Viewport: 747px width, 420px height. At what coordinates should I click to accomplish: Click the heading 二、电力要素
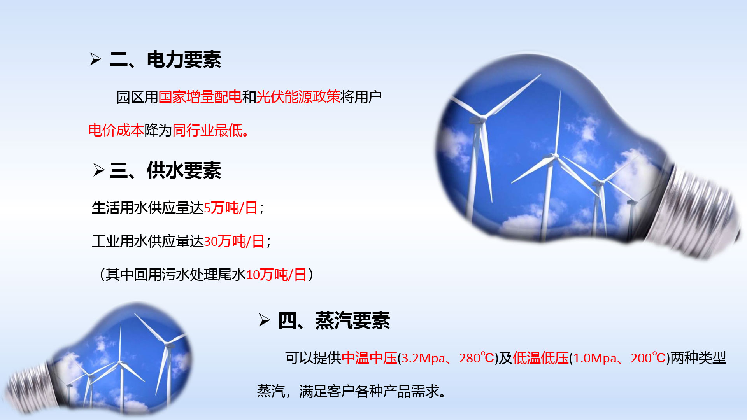pyautogui.click(x=165, y=60)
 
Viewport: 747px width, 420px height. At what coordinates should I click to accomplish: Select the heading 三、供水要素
pyautogui.click(x=165, y=170)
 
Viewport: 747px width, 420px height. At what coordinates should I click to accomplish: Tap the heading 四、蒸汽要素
pyautogui.click(x=334, y=321)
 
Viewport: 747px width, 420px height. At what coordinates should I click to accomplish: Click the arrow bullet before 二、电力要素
pyautogui.click(x=96, y=59)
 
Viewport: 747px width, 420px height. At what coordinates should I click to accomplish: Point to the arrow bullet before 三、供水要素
pyautogui.click(x=99, y=170)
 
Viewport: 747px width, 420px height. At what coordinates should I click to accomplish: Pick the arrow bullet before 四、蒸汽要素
pyautogui.click(x=264, y=320)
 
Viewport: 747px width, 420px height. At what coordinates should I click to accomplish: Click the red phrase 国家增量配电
pyautogui.click(x=200, y=97)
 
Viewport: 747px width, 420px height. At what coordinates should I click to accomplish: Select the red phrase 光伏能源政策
pyautogui.click(x=298, y=97)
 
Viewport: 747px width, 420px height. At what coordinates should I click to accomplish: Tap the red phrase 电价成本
pyautogui.click(x=116, y=130)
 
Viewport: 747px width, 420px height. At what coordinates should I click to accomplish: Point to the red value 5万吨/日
pyautogui.click(x=231, y=208)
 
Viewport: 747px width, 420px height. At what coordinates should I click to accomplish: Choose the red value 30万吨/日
pyautogui.click(x=234, y=241)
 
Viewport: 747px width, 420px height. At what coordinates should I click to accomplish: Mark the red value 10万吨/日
pyautogui.click(x=276, y=275)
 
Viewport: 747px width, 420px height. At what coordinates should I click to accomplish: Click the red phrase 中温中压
pyautogui.click(x=370, y=358)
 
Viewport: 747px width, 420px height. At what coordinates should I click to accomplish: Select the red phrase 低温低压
pyautogui.click(x=541, y=358)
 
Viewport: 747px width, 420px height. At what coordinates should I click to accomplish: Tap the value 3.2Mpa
pyautogui.click(x=423, y=358)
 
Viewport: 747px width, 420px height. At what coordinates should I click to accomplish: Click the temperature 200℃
pyautogui.click(x=649, y=358)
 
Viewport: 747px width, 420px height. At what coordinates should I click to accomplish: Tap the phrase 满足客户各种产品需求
pyautogui.click(x=369, y=391)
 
